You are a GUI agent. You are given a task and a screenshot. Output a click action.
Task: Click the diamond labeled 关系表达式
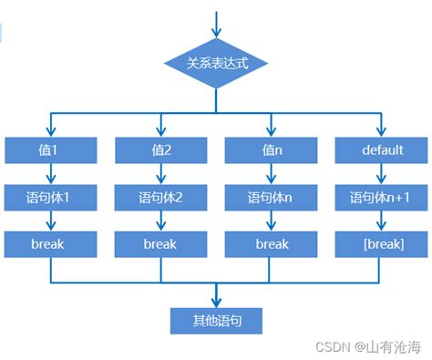point(217,65)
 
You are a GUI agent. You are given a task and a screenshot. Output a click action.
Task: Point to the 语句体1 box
point(50,197)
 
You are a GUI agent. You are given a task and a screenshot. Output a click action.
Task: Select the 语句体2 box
point(160,197)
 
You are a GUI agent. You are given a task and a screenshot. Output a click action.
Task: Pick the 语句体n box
point(271,197)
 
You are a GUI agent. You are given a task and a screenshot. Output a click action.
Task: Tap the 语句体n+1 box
point(381,197)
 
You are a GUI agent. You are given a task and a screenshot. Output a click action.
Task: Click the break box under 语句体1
point(50,244)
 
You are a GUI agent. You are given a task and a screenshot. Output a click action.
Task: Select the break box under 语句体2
point(160,244)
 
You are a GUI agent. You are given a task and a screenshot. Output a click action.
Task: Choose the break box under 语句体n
point(271,244)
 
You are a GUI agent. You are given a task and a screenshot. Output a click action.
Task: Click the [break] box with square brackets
point(381,244)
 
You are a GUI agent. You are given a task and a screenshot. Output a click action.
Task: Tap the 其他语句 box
point(216,321)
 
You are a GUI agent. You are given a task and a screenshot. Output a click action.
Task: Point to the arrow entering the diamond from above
point(217,26)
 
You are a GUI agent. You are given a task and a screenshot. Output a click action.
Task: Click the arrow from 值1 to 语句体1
point(50,173)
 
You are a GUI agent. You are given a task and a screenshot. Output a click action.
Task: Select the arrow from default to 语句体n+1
point(381,173)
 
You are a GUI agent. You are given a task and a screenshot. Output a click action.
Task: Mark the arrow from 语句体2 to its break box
point(160,221)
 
